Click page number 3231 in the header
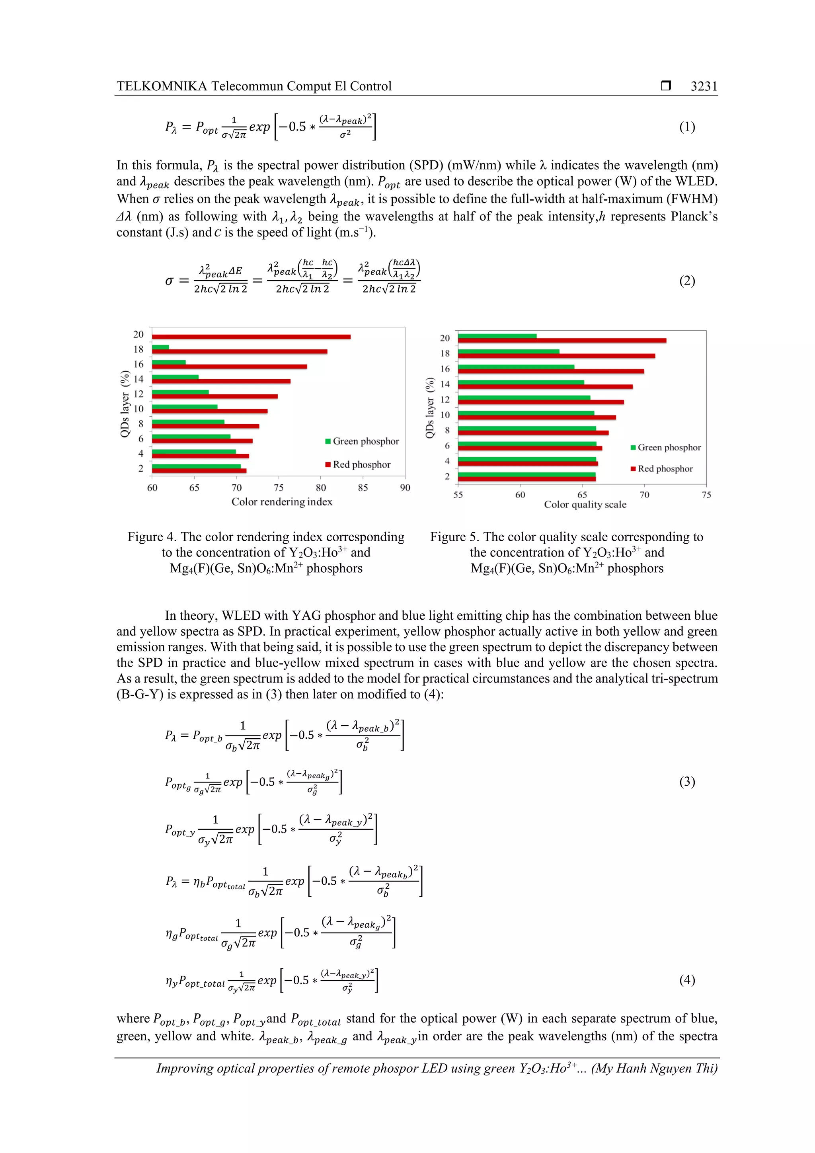click(704, 86)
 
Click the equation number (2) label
click(687, 280)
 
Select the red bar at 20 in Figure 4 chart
click(251, 336)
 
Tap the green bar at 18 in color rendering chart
click(160, 347)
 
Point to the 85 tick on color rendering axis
click(363, 488)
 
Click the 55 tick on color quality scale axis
click(458, 495)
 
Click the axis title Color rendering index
click(282, 501)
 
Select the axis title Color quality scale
click(585, 504)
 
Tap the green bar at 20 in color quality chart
click(497, 336)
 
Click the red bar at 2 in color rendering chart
click(199, 470)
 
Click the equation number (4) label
click(687, 980)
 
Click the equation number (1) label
click(687, 127)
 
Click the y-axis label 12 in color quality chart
click(445, 399)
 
